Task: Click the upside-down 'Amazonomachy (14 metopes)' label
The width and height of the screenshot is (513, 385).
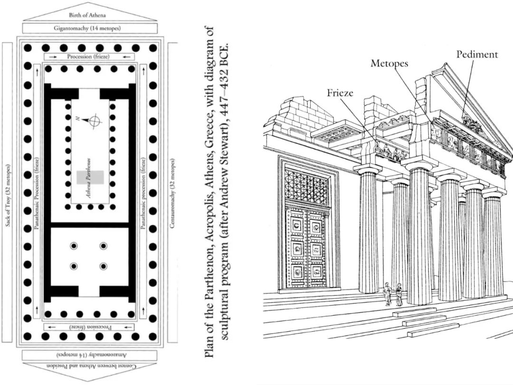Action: click(90, 355)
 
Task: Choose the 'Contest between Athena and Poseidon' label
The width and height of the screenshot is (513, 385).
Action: click(90, 366)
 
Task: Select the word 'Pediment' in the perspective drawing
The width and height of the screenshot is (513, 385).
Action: click(477, 54)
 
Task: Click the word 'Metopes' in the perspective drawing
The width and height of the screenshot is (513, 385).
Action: click(389, 63)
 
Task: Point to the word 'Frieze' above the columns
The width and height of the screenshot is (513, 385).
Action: click(340, 93)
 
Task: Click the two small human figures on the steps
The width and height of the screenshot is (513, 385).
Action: click(394, 294)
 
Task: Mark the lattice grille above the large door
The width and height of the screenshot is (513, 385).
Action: click(306, 187)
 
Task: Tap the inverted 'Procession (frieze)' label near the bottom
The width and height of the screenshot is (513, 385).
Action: click(89, 327)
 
